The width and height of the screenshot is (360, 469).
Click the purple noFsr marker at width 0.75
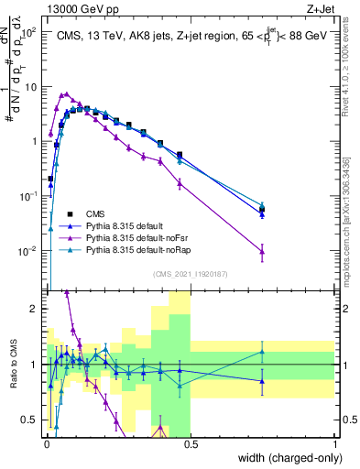(x=262, y=251)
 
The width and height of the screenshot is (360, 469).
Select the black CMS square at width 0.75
(x=262, y=210)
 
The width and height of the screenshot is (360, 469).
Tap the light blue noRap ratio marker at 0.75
(x=262, y=352)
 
